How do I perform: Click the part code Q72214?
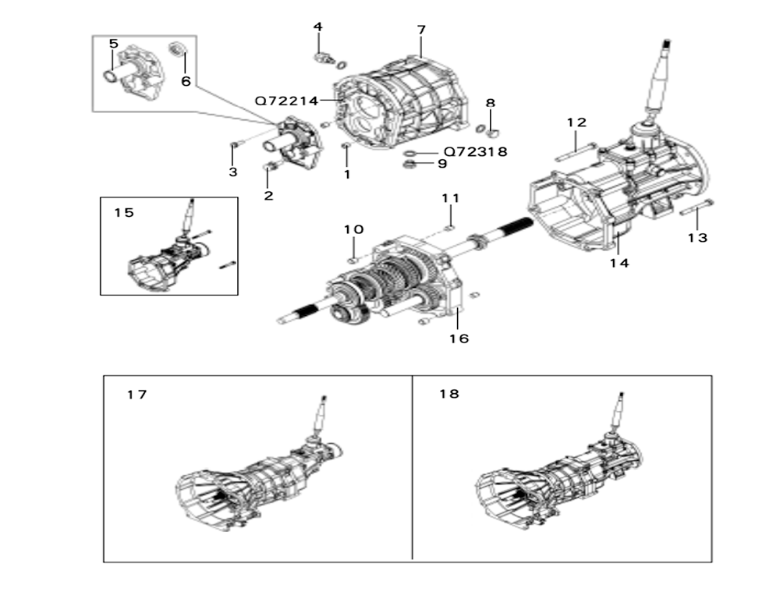tap(286, 101)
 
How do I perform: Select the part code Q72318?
tap(476, 151)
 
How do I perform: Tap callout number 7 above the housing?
tap(421, 30)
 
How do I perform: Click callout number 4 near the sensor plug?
tap(318, 27)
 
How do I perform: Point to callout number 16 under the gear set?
tap(459, 339)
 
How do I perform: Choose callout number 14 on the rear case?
tap(620, 263)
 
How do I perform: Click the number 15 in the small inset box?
tap(124, 212)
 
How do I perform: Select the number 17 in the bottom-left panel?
tap(136, 395)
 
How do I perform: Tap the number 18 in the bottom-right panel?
tap(449, 394)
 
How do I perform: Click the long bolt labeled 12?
tap(575, 152)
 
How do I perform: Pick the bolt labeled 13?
tap(697, 207)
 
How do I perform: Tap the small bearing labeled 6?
tap(178, 49)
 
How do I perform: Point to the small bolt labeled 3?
tap(235, 145)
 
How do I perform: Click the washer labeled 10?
tap(353, 259)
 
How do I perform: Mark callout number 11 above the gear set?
tap(451, 198)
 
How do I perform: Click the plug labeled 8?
tap(491, 133)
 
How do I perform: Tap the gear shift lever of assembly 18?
tap(616, 412)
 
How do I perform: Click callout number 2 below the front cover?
tap(268, 196)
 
